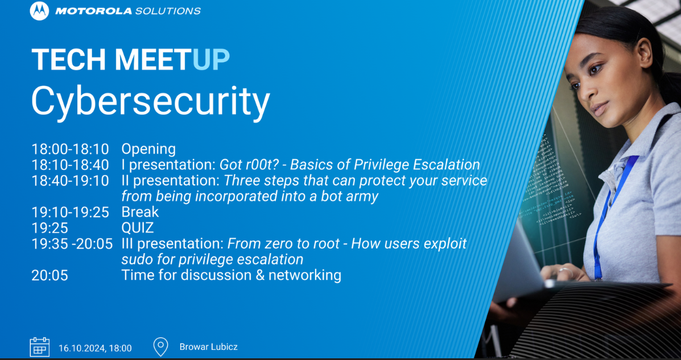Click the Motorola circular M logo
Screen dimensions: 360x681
(x=39, y=11)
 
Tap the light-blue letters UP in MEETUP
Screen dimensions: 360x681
(x=211, y=60)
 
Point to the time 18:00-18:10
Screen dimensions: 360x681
(x=70, y=149)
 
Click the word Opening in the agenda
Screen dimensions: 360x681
(x=148, y=149)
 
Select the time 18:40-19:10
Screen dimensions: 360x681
(x=70, y=181)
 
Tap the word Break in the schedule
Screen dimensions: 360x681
(x=140, y=212)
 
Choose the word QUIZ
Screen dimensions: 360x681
(x=138, y=228)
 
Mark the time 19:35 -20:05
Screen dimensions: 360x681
(x=72, y=244)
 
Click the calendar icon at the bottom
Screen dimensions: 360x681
(x=39, y=346)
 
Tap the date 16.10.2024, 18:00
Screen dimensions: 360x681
(x=95, y=347)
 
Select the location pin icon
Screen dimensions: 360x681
(x=161, y=346)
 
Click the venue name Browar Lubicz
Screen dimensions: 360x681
(x=208, y=347)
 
